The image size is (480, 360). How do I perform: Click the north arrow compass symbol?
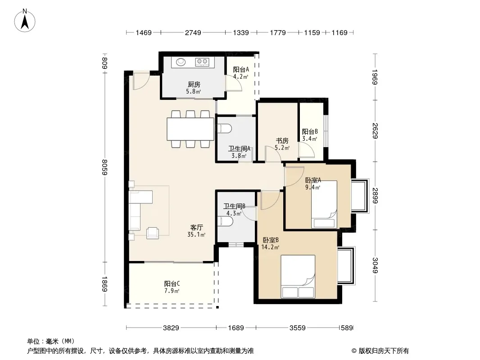pos(25,21)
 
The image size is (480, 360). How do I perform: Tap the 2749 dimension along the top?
pos(193,32)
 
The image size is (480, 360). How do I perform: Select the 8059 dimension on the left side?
pos(105,167)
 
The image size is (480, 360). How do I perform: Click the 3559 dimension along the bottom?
pos(297,328)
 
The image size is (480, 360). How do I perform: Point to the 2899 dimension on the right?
pos(375,195)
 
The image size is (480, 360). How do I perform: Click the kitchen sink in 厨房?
pos(181,62)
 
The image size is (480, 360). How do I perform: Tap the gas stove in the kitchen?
pos(202,62)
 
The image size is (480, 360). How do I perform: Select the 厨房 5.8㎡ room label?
pos(194,88)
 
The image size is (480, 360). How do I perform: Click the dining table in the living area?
pos(190,129)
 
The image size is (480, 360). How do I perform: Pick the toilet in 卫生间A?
pos(224,128)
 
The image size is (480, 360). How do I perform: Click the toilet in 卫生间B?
pos(225,221)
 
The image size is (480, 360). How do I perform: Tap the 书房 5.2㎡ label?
pos(282,144)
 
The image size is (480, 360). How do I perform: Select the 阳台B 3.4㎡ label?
pos(310,135)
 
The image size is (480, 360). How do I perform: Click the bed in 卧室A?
pos(324,204)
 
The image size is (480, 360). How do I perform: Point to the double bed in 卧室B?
pos(298,276)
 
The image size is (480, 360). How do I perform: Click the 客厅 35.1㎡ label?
pos(196,231)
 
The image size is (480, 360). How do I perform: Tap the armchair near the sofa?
pos(153,233)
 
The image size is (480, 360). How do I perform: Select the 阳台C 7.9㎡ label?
pos(172,287)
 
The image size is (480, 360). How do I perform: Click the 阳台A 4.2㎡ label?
pos(241,73)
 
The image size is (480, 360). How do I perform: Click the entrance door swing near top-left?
pos(141,81)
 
